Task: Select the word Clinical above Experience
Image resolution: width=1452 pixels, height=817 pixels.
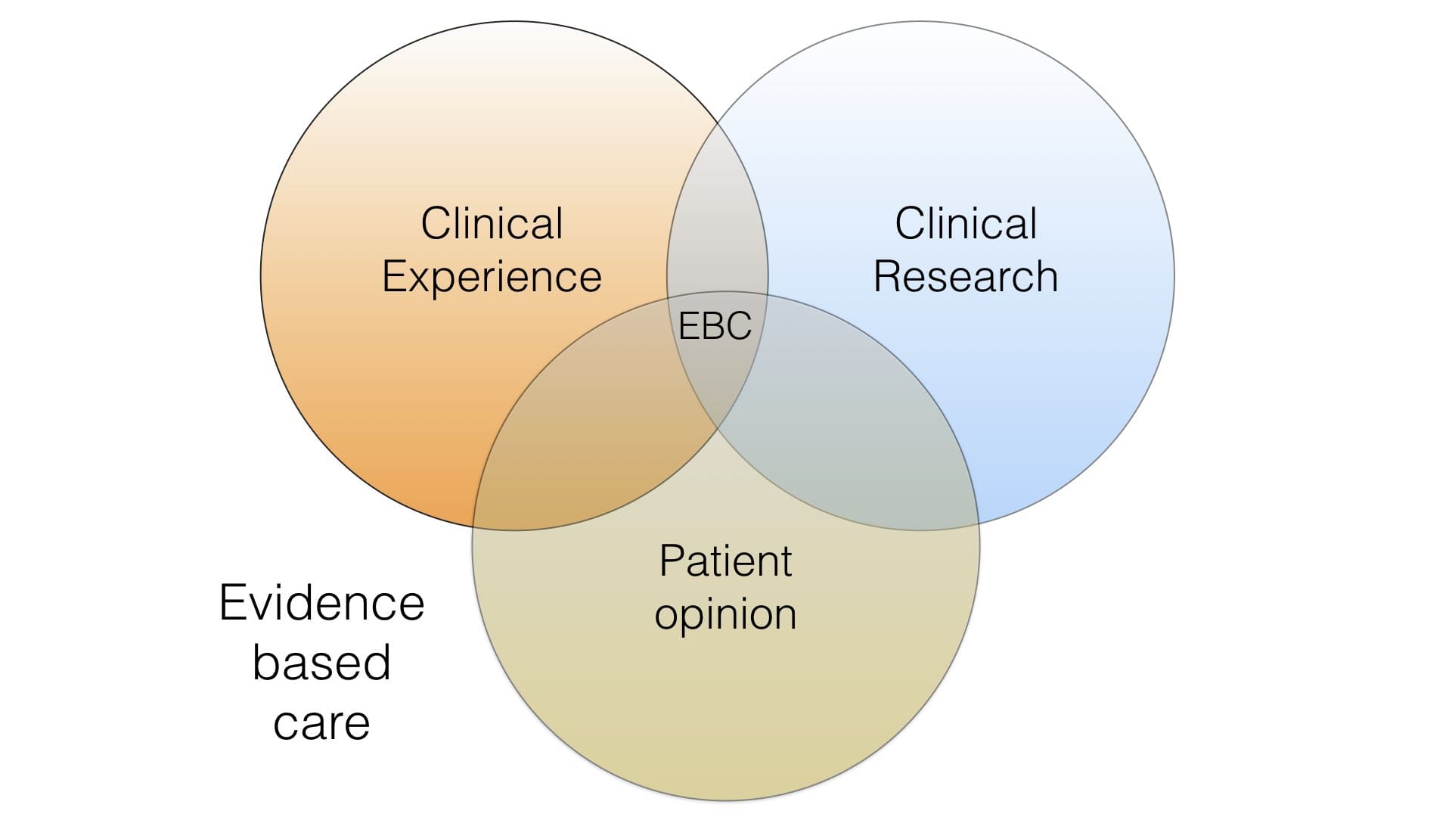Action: click(492, 224)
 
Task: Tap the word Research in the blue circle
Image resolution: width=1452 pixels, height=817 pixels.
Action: click(966, 276)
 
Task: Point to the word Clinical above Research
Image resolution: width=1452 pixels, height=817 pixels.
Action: click(966, 224)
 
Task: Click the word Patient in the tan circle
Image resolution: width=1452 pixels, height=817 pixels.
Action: click(725, 561)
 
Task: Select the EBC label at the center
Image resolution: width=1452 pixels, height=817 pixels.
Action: click(715, 326)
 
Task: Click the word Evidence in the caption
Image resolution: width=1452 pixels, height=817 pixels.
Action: click(321, 603)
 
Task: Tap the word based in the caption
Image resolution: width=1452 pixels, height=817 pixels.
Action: click(321, 662)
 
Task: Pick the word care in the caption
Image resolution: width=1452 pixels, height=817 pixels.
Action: click(321, 723)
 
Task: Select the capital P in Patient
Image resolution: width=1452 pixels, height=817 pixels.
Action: click(671, 561)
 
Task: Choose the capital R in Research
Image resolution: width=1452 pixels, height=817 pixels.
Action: click(887, 276)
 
